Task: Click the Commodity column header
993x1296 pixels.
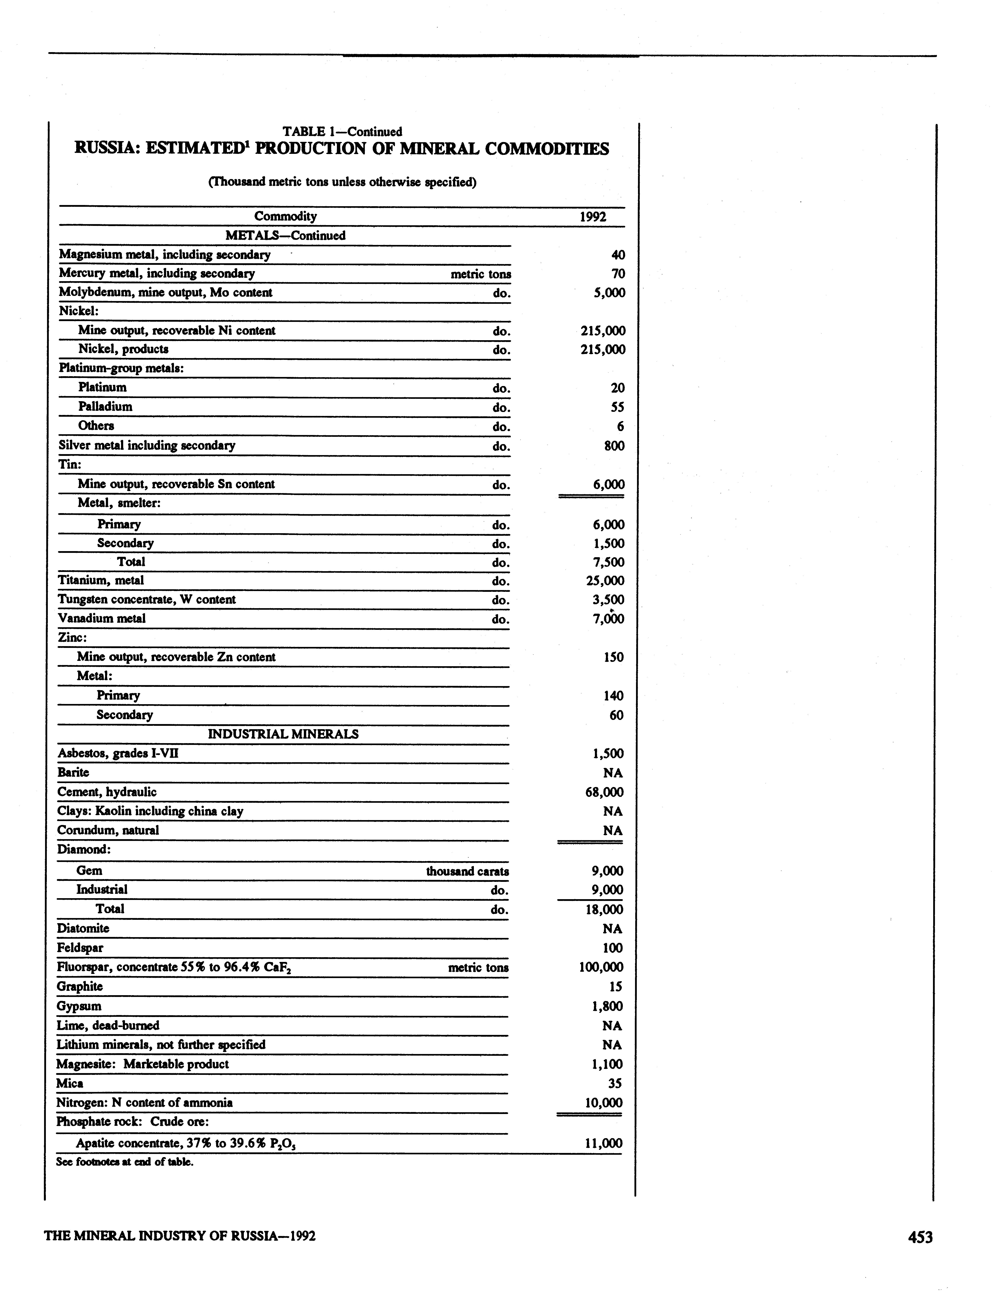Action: [286, 216]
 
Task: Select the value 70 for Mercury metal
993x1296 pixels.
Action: [618, 274]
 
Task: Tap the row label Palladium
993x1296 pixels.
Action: [105, 407]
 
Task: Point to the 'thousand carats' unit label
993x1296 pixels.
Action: [468, 871]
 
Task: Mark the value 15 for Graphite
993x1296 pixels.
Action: [615, 986]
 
